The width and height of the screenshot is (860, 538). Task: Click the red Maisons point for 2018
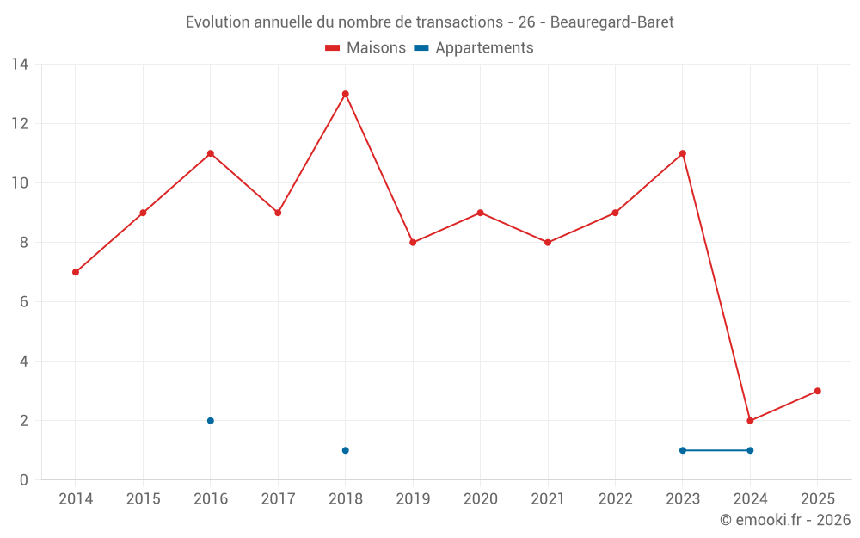(x=345, y=94)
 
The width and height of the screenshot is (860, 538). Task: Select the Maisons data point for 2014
(x=76, y=272)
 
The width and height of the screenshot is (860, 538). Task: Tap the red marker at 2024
(x=750, y=421)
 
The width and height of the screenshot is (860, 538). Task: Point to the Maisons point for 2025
(x=817, y=391)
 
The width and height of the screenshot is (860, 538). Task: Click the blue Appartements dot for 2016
(x=211, y=421)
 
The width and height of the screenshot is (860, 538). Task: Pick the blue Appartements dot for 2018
(x=345, y=450)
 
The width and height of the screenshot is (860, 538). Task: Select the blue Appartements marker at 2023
(x=683, y=450)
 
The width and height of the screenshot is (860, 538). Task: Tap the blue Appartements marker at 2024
(x=750, y=450)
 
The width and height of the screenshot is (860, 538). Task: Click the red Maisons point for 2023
(x=683, y=153)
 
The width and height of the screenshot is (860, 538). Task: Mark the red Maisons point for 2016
(x=211, y=153)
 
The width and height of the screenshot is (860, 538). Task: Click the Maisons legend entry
(x=365, y=48)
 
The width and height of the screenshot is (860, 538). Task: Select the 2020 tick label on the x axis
(x=480, y=499)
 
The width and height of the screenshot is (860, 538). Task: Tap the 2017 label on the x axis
(x=278, y=499)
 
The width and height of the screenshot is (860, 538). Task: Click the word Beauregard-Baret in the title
(x=611, y=22)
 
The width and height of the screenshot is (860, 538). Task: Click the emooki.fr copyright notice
(x=784, y=520)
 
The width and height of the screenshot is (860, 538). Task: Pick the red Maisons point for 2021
(x=548, y=243)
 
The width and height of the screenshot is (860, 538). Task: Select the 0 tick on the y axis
(x=24, y=480)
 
